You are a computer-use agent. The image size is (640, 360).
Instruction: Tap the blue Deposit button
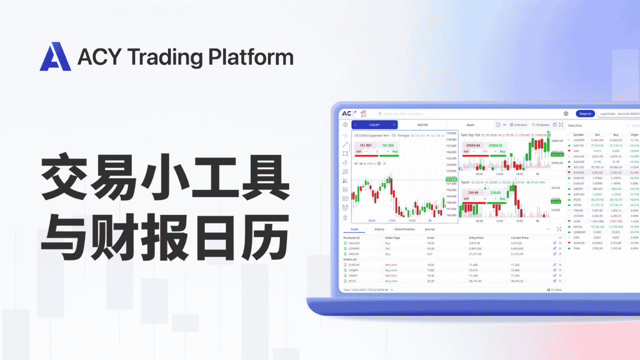click(x=585, y=113)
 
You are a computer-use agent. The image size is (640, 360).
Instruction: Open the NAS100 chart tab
click(x=422, y=124)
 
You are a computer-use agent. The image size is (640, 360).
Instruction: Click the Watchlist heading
click(x=574, y=125)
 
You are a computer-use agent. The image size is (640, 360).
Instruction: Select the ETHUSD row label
click(x=578, y=172)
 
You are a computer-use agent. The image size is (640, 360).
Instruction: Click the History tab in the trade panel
click(x=379, y=229)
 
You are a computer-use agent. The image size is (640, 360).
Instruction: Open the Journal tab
click(x=429, y=229)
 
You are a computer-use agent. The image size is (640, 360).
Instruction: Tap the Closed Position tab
click(x=404, y=229)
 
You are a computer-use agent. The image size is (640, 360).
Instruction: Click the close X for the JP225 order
click(x=560, y=281)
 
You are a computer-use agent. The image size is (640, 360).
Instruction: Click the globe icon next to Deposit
click(x=565, y=113)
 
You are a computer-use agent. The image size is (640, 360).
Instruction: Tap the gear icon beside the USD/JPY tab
click(x=345, y=124)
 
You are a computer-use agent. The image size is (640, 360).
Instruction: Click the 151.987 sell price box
click(x=365, y=145)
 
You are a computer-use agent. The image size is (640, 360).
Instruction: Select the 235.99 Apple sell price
click(x=472, y=192)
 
